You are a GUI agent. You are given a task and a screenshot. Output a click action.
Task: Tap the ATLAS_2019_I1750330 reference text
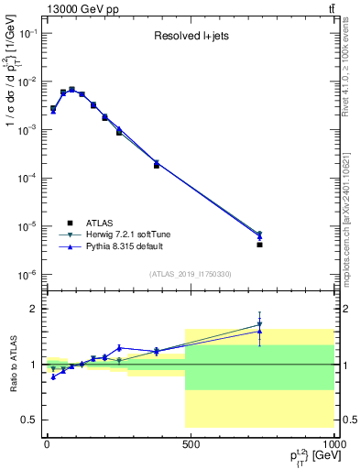(x=190, y=274)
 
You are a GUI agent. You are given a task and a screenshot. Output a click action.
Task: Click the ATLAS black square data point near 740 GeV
(x=260, y=245)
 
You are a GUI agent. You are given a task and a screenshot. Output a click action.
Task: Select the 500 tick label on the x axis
(x=191, y=443)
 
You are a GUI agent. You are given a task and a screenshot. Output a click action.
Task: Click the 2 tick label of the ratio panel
(x=33, y=309)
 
